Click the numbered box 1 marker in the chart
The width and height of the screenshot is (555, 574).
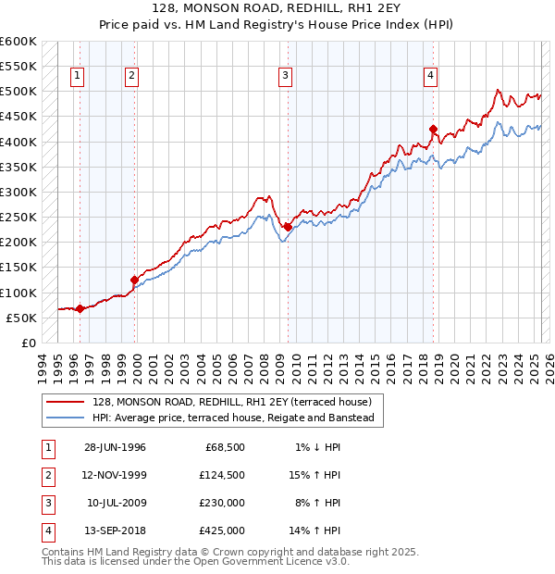coord(77,76)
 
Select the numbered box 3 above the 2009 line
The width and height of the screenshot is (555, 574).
coord(286,76)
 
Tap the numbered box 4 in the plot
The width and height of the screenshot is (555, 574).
coord(431,76)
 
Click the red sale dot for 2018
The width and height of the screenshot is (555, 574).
coord(433,129)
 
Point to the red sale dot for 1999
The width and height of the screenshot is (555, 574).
coord(134,280)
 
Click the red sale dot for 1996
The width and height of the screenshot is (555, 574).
coord(80,308)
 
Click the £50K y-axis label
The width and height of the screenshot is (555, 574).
coord(20,318)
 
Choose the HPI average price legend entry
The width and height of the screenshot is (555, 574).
coord(232,418)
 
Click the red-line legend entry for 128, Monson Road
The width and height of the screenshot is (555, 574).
coord(231,402)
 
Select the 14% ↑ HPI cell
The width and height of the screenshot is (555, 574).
coord(315,530)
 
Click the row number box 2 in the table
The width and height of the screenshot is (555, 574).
coord(45,475)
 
